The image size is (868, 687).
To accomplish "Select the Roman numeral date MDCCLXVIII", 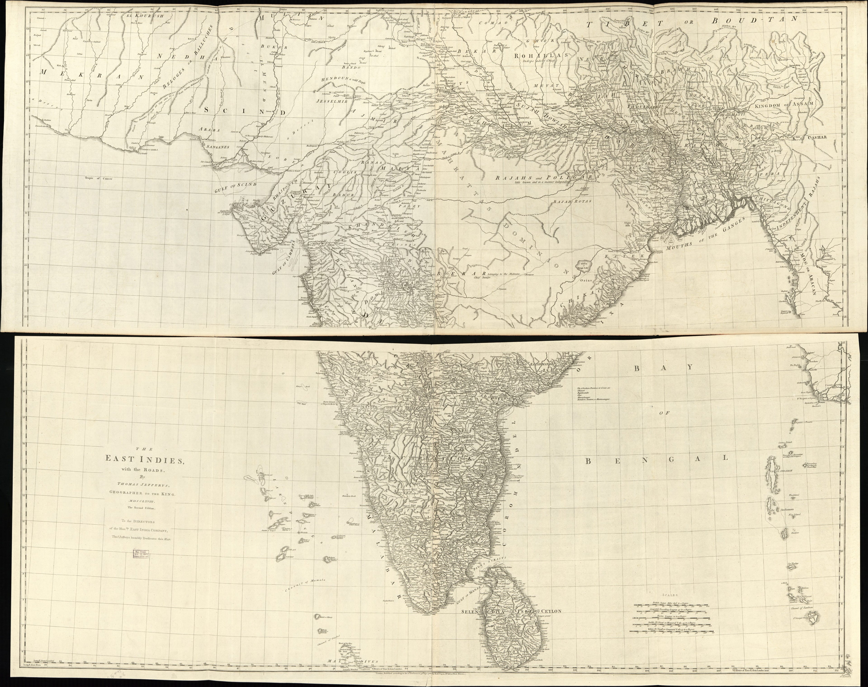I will (x=141, y=502).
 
